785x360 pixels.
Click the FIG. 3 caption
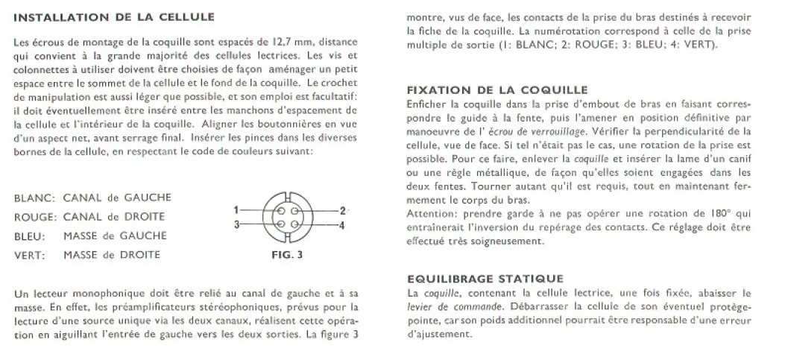coord(287,254)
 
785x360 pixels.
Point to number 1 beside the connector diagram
coord(236,210)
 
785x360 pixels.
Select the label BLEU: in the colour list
coord(30,236)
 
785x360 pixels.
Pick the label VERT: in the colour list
coord(30,255)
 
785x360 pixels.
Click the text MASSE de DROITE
coord(113,255)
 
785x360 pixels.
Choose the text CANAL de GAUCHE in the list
coord(117,198)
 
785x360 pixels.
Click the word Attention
coord(428,212)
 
